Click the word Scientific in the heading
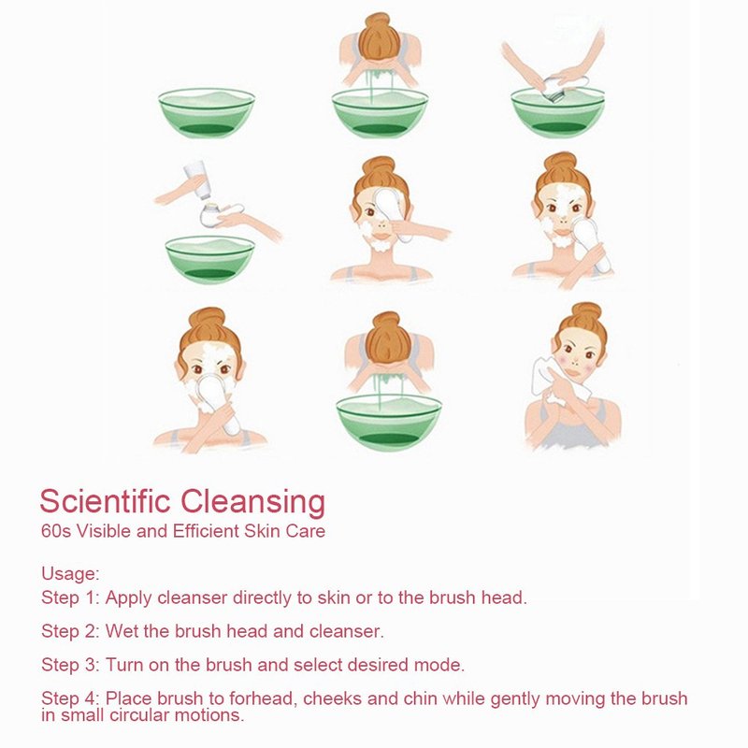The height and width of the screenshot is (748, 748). (x=105, y=501)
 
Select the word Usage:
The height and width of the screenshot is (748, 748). (x=71, y=574)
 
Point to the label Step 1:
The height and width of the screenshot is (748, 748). (x=71, y=597)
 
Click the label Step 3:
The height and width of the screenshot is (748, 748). (x=71, y=665)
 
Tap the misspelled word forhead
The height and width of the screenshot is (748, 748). (x=264, y=698)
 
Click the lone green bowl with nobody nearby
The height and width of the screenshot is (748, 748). (x=207, y=113)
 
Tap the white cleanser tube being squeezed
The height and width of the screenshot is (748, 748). (x=196, y=180)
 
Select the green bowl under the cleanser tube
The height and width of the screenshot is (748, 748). (x=209, y=260)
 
